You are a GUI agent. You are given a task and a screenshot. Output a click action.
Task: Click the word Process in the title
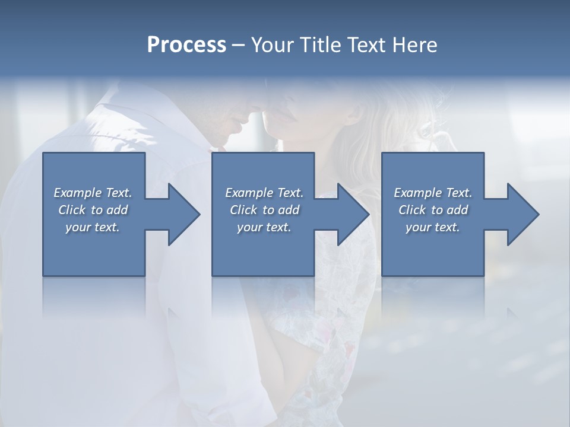pos(186,45)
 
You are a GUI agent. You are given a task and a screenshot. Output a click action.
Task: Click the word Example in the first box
pos(78,193)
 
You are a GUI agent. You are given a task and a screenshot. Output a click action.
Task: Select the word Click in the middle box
pos(243,210)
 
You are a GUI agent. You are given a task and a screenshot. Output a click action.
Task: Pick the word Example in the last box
pos(418,193)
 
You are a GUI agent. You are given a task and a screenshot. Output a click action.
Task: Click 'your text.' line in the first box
pos(93,227)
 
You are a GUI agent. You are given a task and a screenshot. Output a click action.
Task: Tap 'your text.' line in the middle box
pos(264,227)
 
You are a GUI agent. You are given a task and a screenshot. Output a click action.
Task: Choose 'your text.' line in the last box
pos(433,227)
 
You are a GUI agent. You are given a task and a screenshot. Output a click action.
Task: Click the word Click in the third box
pos(412,210)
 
